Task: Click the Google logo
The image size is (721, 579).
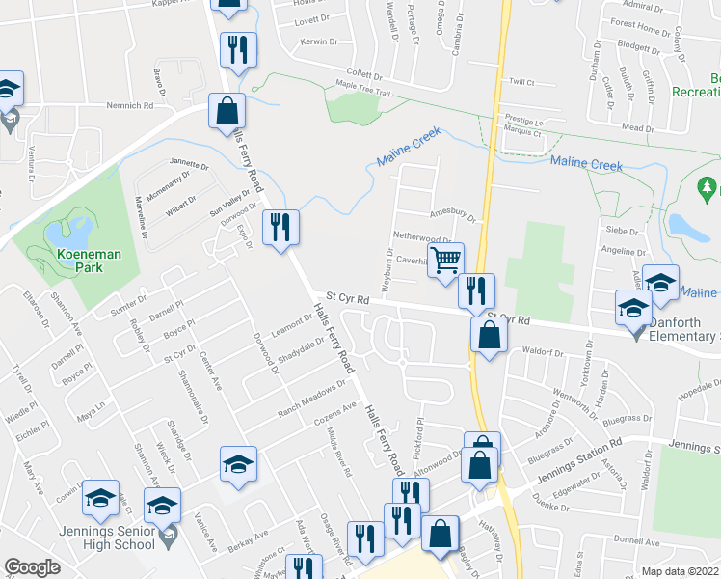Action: click(x=32, y=567)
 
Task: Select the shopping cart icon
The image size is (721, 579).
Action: click(x=446, y=259)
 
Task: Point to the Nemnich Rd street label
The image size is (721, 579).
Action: click(x=131, y=105)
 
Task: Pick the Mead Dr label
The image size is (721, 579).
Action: click(x=637, y=127)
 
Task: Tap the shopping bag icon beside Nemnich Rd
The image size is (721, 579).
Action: click(x=227, y=110)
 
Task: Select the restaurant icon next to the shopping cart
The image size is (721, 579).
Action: click(x=475, y=290)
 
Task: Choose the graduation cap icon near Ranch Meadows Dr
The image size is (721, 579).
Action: click(x=238, y=464)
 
